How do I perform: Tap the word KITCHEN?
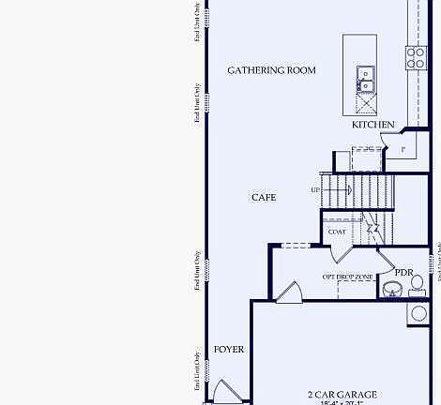(373, 125)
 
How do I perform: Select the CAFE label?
(264, 198)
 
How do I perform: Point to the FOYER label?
(228, 350)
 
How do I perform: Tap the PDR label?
(403, 273)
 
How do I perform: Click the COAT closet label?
(337, 232)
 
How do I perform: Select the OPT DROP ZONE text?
(349, 277)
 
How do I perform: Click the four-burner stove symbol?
(415, 58)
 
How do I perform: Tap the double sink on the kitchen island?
(366, 80)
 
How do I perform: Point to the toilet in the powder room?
(418, 278)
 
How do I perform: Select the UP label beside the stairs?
(315, 190)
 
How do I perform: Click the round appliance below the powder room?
(418, 313)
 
